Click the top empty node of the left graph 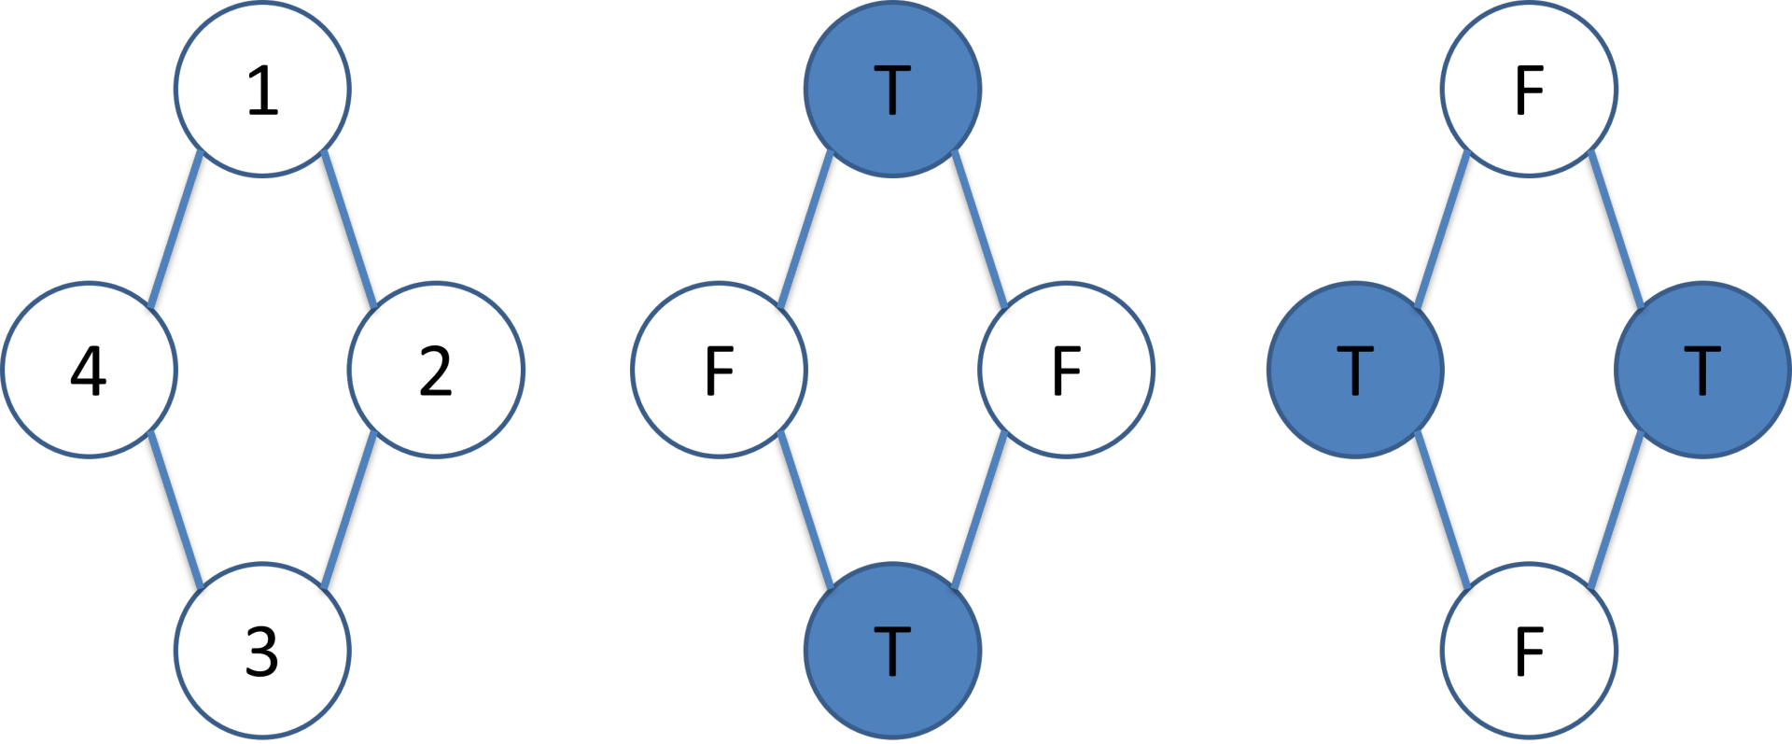262,89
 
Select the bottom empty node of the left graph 262,650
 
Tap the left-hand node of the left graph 89,370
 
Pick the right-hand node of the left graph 436,370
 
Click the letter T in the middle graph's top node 892,90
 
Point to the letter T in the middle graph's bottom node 892,651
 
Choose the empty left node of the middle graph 719,370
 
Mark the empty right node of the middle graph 1066,370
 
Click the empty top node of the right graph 1529,89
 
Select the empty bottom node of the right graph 1529,650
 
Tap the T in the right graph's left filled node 1355,371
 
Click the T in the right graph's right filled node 1702,371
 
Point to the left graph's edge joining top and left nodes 175,229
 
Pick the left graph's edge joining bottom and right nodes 349,510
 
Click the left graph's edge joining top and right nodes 349,229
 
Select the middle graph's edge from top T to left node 805,229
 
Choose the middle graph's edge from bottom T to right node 979,510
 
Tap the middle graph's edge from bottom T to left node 805,510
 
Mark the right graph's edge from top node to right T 1616,229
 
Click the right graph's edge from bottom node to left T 1442,510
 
